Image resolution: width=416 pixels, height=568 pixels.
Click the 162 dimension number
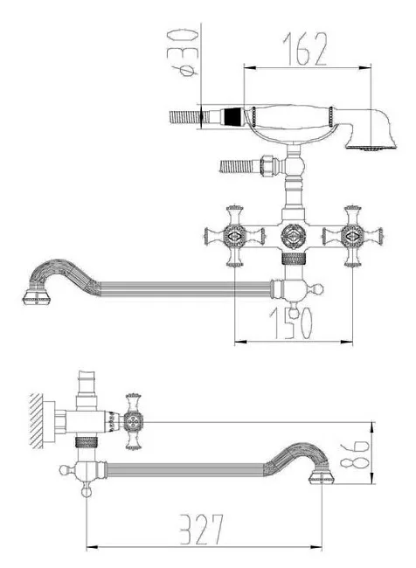(x=305, y=49)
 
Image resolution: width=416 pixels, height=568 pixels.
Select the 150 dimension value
(x=291, y=323)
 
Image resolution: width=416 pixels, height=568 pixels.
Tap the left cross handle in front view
(x=234, y=236)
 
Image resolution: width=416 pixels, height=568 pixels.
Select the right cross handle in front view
(x=352, y=236)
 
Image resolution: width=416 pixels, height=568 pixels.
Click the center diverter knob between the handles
(x=294, y=236)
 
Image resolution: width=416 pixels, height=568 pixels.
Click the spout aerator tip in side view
(x=322, y=477)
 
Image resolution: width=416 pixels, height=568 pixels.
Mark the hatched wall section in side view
(x=36, y=421)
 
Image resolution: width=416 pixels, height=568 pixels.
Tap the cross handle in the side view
(x=134, y=422)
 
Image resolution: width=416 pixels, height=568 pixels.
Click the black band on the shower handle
(x=232, y=116)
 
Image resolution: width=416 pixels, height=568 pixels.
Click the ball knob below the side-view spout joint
(x=87, y=491)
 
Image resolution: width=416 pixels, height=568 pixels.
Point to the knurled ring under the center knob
(x=294, y=259)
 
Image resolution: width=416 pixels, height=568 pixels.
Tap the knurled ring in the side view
(x=87, y=442)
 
